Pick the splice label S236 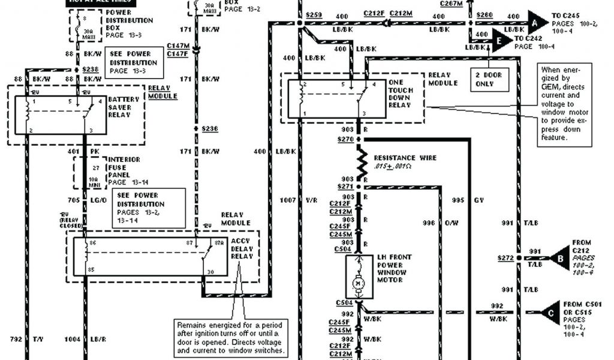coord(210,129)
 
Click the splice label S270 coord(345,139)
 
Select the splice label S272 coord(505,258)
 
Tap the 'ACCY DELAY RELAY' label coord(242,249)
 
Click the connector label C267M coord(451,3)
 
